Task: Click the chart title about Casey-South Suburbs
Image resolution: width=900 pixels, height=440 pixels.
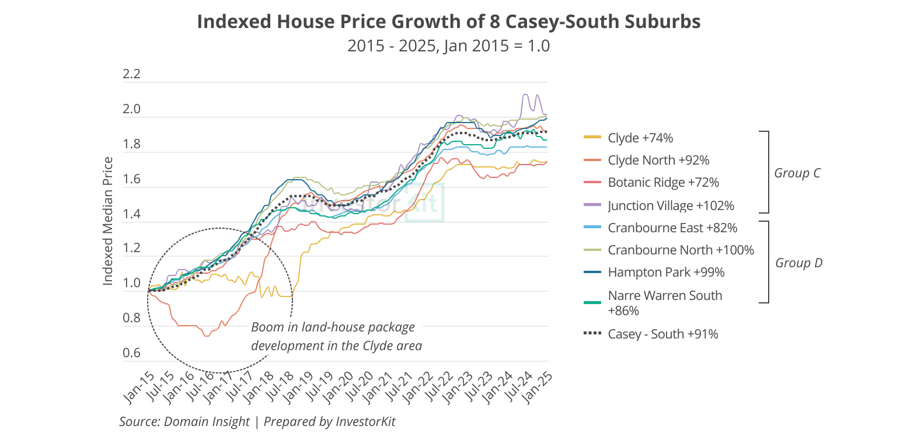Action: point(448,22)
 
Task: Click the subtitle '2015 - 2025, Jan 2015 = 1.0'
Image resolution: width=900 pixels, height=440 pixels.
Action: point(448,46)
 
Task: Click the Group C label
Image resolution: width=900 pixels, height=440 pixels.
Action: point(797,173)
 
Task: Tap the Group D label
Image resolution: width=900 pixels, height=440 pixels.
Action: point(798,263)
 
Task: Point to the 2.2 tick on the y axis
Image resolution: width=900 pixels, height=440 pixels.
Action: point(132,74)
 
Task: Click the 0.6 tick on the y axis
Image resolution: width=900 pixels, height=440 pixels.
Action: point(132,352)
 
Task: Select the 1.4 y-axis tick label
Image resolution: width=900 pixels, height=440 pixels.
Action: point(132,214)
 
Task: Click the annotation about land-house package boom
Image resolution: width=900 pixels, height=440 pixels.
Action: point(336,336)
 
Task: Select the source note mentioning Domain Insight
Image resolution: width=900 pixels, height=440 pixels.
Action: point(257,421)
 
